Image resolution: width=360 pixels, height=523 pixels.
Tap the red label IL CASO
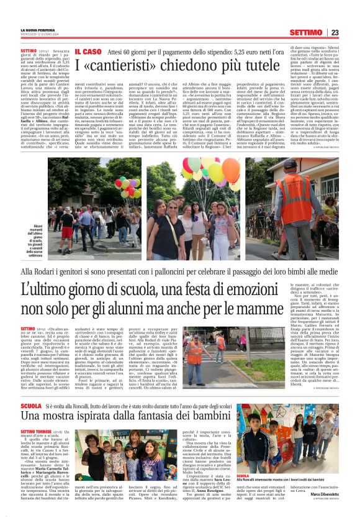click(x=88, y=52)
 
